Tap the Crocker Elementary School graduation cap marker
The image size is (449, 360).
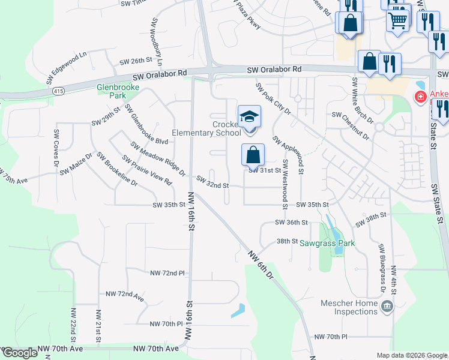point(249,116)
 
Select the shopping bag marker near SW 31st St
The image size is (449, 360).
point(253,154)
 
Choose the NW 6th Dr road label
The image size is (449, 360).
point(261,264)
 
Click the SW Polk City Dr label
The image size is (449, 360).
point(273,100)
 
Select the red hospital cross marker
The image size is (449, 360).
point(421,97)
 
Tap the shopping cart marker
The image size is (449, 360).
point(398,20)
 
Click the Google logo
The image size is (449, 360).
point(20,353)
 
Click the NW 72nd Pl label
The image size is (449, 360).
point(167,273)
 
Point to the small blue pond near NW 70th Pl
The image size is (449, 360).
point(238,310)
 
